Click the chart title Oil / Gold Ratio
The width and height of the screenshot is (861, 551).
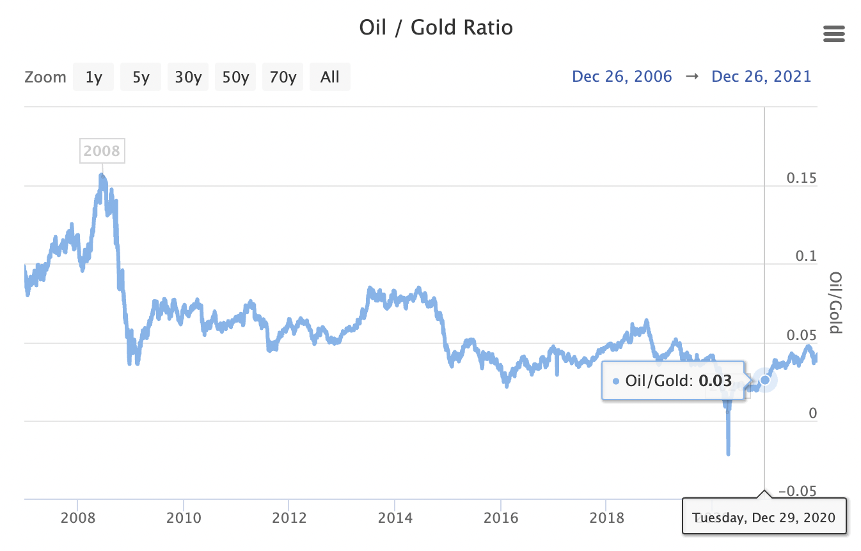(x=436, y=28)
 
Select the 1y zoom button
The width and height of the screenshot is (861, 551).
(x=93, y=77)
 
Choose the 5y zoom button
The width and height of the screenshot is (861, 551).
(x=141, y=77)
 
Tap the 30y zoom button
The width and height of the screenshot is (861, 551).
(x=188, y=77)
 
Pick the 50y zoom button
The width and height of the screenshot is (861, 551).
(x=235, y=77)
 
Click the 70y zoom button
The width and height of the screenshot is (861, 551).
(x=283, y=77)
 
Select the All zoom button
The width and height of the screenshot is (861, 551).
(x=330, y=77)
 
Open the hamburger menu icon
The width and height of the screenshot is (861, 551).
(x=834, y=35)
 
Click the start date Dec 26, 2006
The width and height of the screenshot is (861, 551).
(x=622, y=77)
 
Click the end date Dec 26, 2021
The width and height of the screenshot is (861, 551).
(x=761, y=77)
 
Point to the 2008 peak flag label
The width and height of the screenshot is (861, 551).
(x=102, y=151)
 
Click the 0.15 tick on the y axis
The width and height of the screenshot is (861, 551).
(x=802, y=178)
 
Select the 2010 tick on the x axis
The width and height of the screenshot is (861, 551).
(x=184, y=516)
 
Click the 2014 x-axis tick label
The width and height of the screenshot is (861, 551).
(x=395, y=516)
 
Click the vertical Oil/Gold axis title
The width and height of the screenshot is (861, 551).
(x=835, y=303)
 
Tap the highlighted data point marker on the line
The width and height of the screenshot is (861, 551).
(x=764, y=380)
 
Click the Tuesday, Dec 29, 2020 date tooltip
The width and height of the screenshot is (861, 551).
(x=764, y=516)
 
